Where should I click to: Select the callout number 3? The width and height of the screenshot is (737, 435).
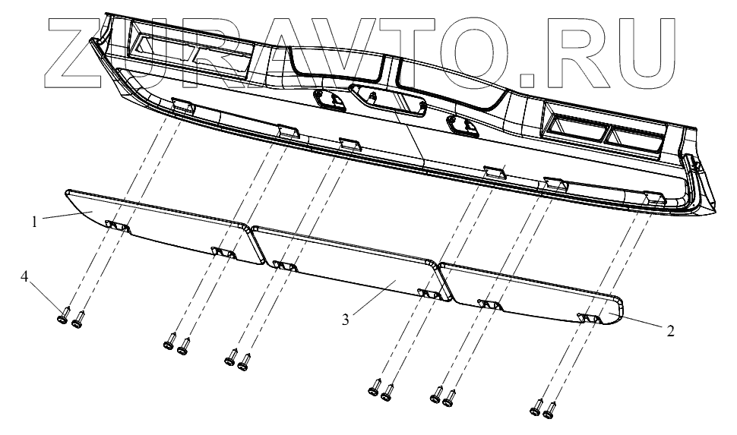click(x=345, y=320)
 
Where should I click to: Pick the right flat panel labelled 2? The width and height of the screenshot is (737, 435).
click(x=532, y=292)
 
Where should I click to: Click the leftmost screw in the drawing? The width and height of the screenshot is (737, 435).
click(x=64, y=314)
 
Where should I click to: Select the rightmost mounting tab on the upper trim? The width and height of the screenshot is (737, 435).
click(x=654, y=198)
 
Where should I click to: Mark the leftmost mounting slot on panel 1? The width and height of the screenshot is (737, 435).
click(x=117, y=225)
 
